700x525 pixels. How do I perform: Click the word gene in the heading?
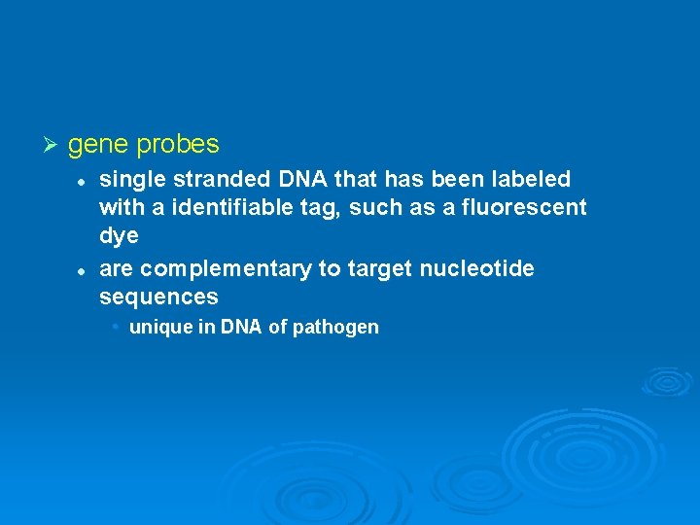pos(98,146)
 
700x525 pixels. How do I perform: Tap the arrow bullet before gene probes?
pos(52,145)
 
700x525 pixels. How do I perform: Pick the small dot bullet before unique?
pos(115,327)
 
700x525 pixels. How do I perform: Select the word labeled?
pos(530,180)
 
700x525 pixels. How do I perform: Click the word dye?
pos(120,236)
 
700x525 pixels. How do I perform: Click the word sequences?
pos(158,297)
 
